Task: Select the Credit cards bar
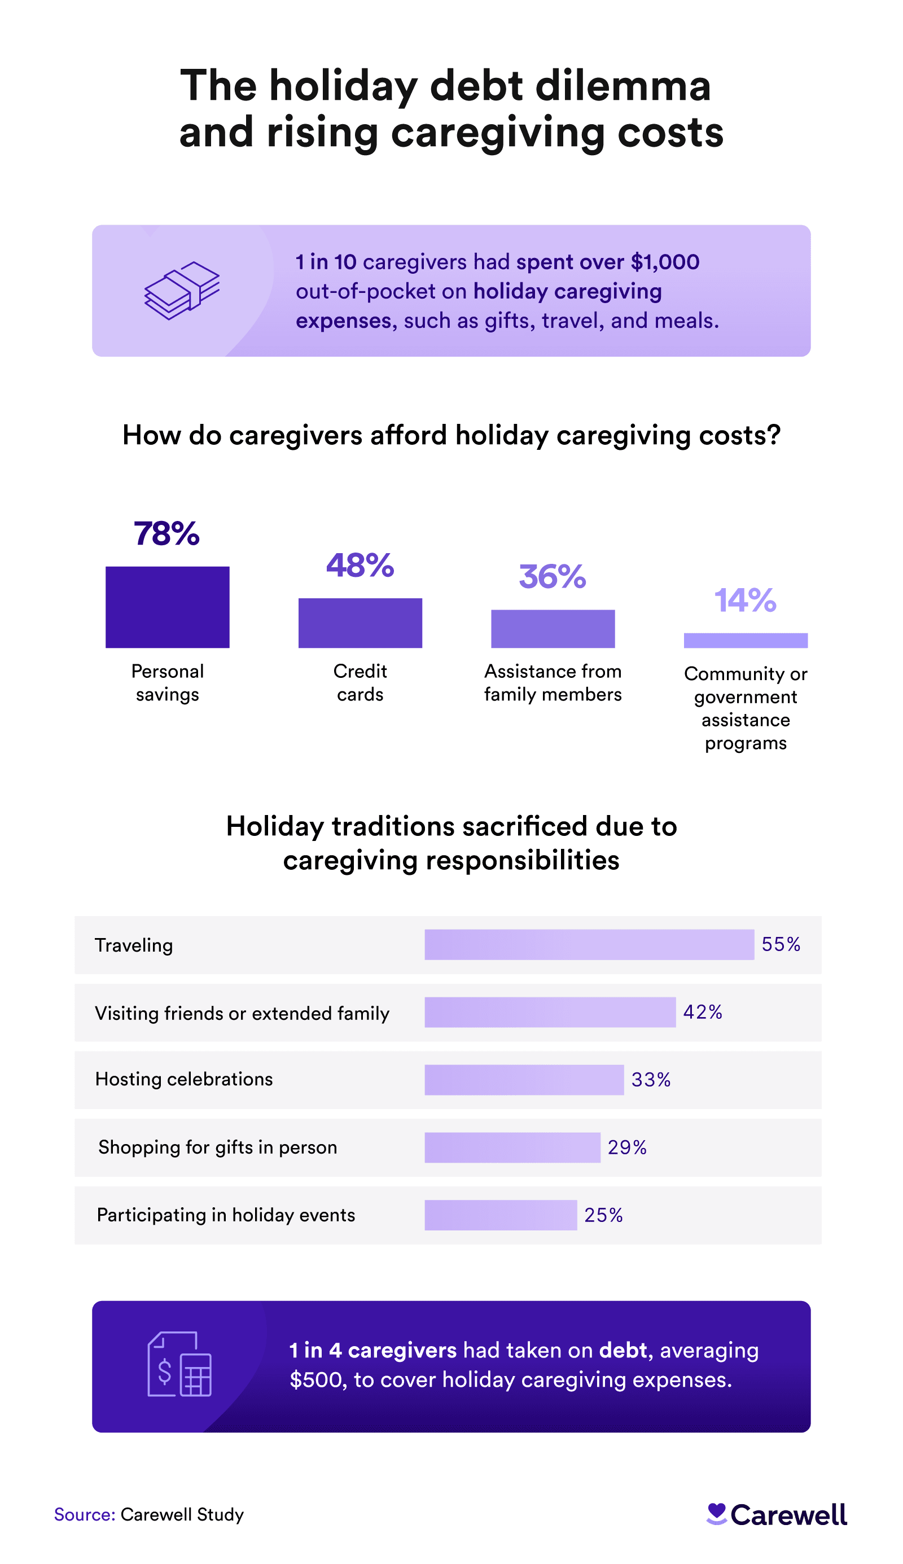360,623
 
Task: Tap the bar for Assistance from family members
553,628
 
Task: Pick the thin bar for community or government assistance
746,640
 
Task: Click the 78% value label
167,533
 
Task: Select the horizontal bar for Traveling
589,944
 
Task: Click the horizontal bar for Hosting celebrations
524,1080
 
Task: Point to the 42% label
703,1012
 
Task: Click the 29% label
627,1147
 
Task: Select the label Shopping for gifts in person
218,1147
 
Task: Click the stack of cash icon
182,290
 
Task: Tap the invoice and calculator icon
179,1364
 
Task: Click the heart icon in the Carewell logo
716,1513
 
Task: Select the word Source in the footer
84,1514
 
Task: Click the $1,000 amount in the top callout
665,262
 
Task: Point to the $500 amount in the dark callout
318,1380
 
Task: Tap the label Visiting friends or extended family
242,1013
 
